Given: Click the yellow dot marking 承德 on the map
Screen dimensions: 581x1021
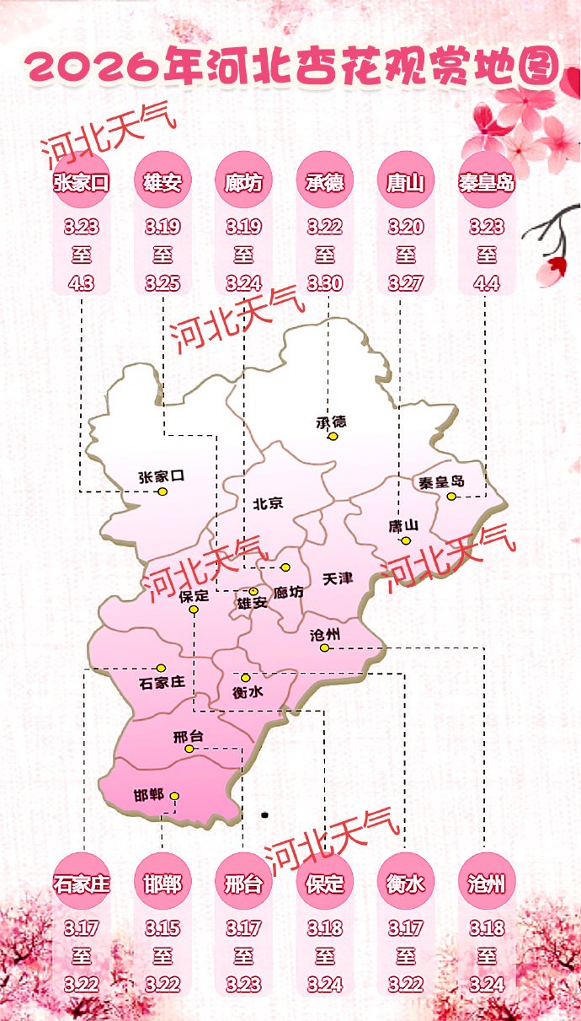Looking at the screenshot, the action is click(x=333, y=437).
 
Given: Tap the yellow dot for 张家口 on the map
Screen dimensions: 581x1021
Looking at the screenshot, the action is click(x=163, y=492).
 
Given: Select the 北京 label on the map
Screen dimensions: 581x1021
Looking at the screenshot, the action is click(x=268, y=503).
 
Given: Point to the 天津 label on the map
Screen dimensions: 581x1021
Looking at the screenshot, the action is click(x=337, y=579).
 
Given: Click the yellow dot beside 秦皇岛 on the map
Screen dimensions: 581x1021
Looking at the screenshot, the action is click(x=452, y=497).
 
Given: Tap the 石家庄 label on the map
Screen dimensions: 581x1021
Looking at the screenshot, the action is click(x=161, y=682).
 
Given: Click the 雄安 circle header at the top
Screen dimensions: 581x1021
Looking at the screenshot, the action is click(x=163, y=182).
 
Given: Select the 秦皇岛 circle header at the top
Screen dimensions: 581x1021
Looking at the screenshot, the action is click(x=487, y=182).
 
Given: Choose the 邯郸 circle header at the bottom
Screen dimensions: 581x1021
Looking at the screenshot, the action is click(x=163, y=884).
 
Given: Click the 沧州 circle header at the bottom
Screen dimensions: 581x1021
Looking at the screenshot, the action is click(x=486, y=884).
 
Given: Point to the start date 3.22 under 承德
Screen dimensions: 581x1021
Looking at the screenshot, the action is click(x=324, y=227).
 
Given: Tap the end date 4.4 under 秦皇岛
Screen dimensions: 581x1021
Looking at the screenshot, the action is click(x=487, y=282).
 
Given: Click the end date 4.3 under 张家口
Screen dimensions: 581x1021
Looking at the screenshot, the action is click(x=81, y=282).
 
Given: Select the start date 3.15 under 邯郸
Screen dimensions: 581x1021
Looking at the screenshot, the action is click(x=163, y=928).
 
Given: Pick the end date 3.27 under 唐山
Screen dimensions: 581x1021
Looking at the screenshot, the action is click(x=406, y=282).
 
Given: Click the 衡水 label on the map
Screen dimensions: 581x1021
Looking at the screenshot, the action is click(x=247, y=692).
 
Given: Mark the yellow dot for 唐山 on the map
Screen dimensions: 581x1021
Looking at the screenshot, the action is click(x=405, y=540).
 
